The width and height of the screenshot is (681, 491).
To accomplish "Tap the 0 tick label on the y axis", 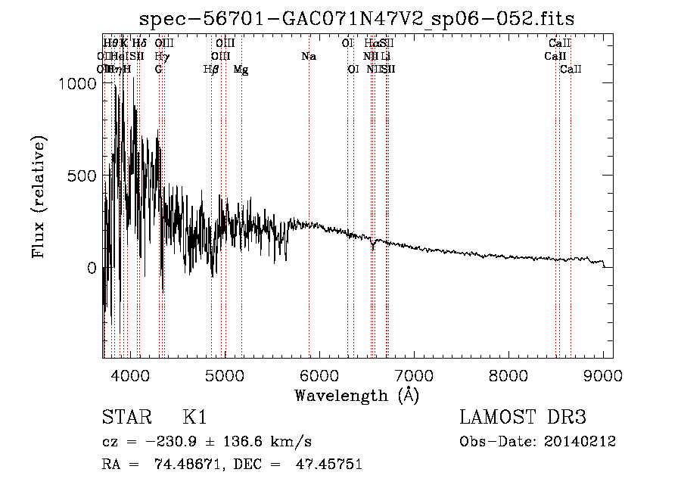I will point(92,269).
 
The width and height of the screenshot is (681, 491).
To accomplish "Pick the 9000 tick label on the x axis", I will point(603,374).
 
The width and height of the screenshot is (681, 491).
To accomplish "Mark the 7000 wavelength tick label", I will point(414,374).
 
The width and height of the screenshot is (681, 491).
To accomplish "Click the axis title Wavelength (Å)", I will point(357,395).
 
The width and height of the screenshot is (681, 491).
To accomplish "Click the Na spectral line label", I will point(308,57).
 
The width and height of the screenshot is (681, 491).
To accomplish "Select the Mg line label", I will point(241,70).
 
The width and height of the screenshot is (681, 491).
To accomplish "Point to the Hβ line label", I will point(211,70).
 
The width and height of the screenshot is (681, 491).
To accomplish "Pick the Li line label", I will point(386,57).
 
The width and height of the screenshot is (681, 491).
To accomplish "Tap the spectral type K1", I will point(195,418).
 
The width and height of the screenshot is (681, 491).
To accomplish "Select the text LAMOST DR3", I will point(523,418).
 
